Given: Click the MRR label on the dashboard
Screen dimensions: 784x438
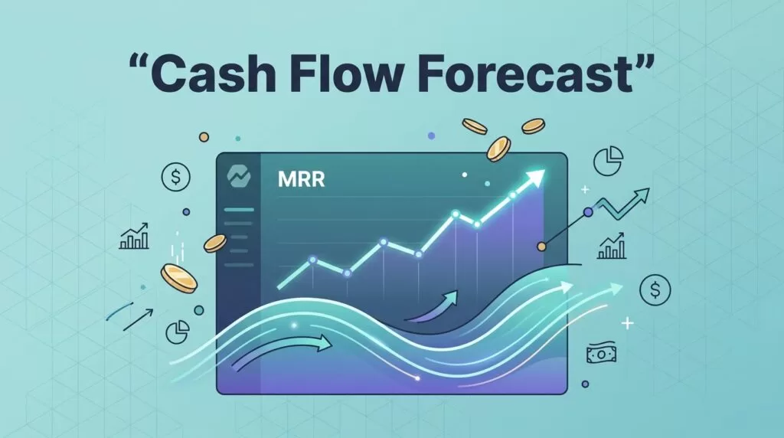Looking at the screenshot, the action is [x=301, y=179].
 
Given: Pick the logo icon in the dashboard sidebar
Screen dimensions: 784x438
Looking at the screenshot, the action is [x=239, y=175].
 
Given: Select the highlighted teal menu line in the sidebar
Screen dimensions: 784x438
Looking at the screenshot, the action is [x=239, y=210].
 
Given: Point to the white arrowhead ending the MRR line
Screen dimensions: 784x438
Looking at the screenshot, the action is [x=534, y=178].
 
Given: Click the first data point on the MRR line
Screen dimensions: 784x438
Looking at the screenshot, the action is [x=313, y=260].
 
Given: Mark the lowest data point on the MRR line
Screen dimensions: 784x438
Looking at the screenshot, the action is [x=347, y=273].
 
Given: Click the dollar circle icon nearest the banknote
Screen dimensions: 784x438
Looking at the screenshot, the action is [x=655, y=289].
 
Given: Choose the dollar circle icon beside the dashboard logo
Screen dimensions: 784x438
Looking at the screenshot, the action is [x=175, y=177].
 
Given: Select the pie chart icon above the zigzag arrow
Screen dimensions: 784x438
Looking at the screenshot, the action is [x=608, y=161].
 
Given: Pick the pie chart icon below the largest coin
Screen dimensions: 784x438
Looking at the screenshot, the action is [x=178, y=332].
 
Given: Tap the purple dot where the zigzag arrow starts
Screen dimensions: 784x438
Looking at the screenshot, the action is [x=589, y=213].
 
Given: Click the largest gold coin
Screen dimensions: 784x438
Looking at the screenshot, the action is [x=179, y=279].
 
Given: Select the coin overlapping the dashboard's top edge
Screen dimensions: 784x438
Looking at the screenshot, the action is [x=498, y=149].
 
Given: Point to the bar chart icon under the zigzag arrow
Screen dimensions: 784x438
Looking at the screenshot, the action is [x=612, y=246].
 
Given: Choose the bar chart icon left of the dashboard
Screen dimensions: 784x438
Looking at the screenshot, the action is [x=134, y=236].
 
